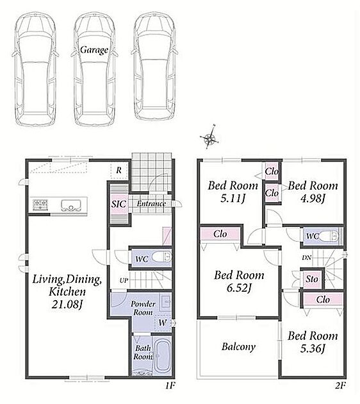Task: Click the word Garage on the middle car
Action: (x=94, y=50)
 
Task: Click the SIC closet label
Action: (x=119, y=204)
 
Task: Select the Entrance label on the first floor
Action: (x=151, y=203)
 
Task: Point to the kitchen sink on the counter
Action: (x=70, y=205)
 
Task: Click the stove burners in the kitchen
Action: (x=40, y=205)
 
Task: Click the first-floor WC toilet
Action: (x=161, y=257)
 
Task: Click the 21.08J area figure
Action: (x=67, y=305)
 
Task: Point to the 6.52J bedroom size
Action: (x=239, y=288)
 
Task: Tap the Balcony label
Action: (x=238, y=346)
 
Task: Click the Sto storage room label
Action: (x=312, y=279)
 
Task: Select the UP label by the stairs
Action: (x=124, y=280)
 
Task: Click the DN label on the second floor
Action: (x=306, y=257)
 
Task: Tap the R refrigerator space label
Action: (x=119, y=171)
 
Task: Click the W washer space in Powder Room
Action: (x=162, y=323)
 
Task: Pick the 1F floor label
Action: (x=170, y=385)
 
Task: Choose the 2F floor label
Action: (x=340, y=385)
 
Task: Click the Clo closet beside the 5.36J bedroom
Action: (x=323, y=299)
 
